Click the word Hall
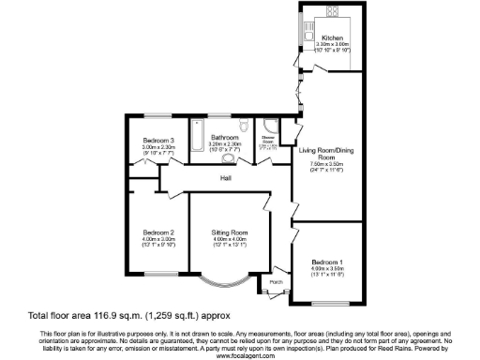click(225, 177)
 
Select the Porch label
click(276, 280)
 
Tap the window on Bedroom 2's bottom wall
click(156, 272)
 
